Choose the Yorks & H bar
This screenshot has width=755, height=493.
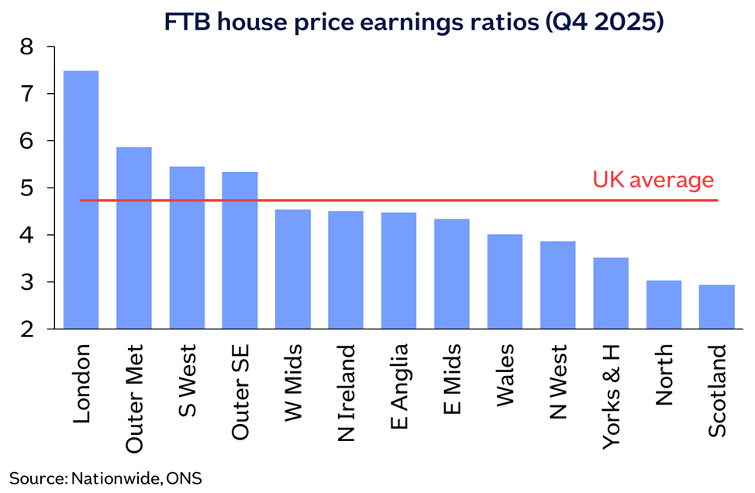[x=611, y=293]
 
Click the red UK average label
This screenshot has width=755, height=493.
[x=653, y=181]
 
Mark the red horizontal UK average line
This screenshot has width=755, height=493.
[x=465, y=201]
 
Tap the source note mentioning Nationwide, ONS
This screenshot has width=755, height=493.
[x=105, y=477]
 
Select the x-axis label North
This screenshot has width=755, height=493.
[x=664, y=375]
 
